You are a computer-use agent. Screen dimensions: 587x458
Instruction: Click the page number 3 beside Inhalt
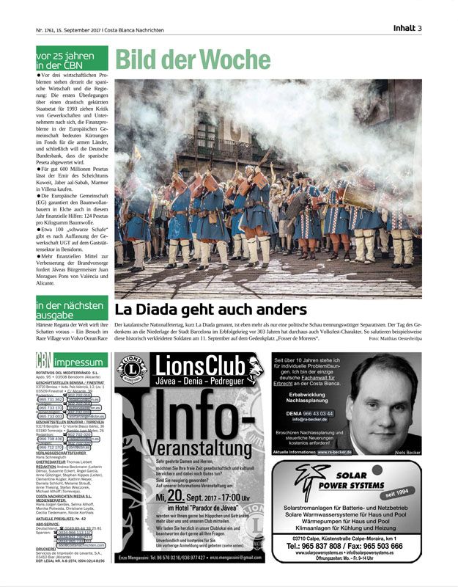click(x=420, y=29)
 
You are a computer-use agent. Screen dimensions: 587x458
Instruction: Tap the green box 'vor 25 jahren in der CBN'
click(x=71, y=58)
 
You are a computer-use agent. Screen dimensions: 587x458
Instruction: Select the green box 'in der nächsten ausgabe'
click(x=71, y=309)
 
